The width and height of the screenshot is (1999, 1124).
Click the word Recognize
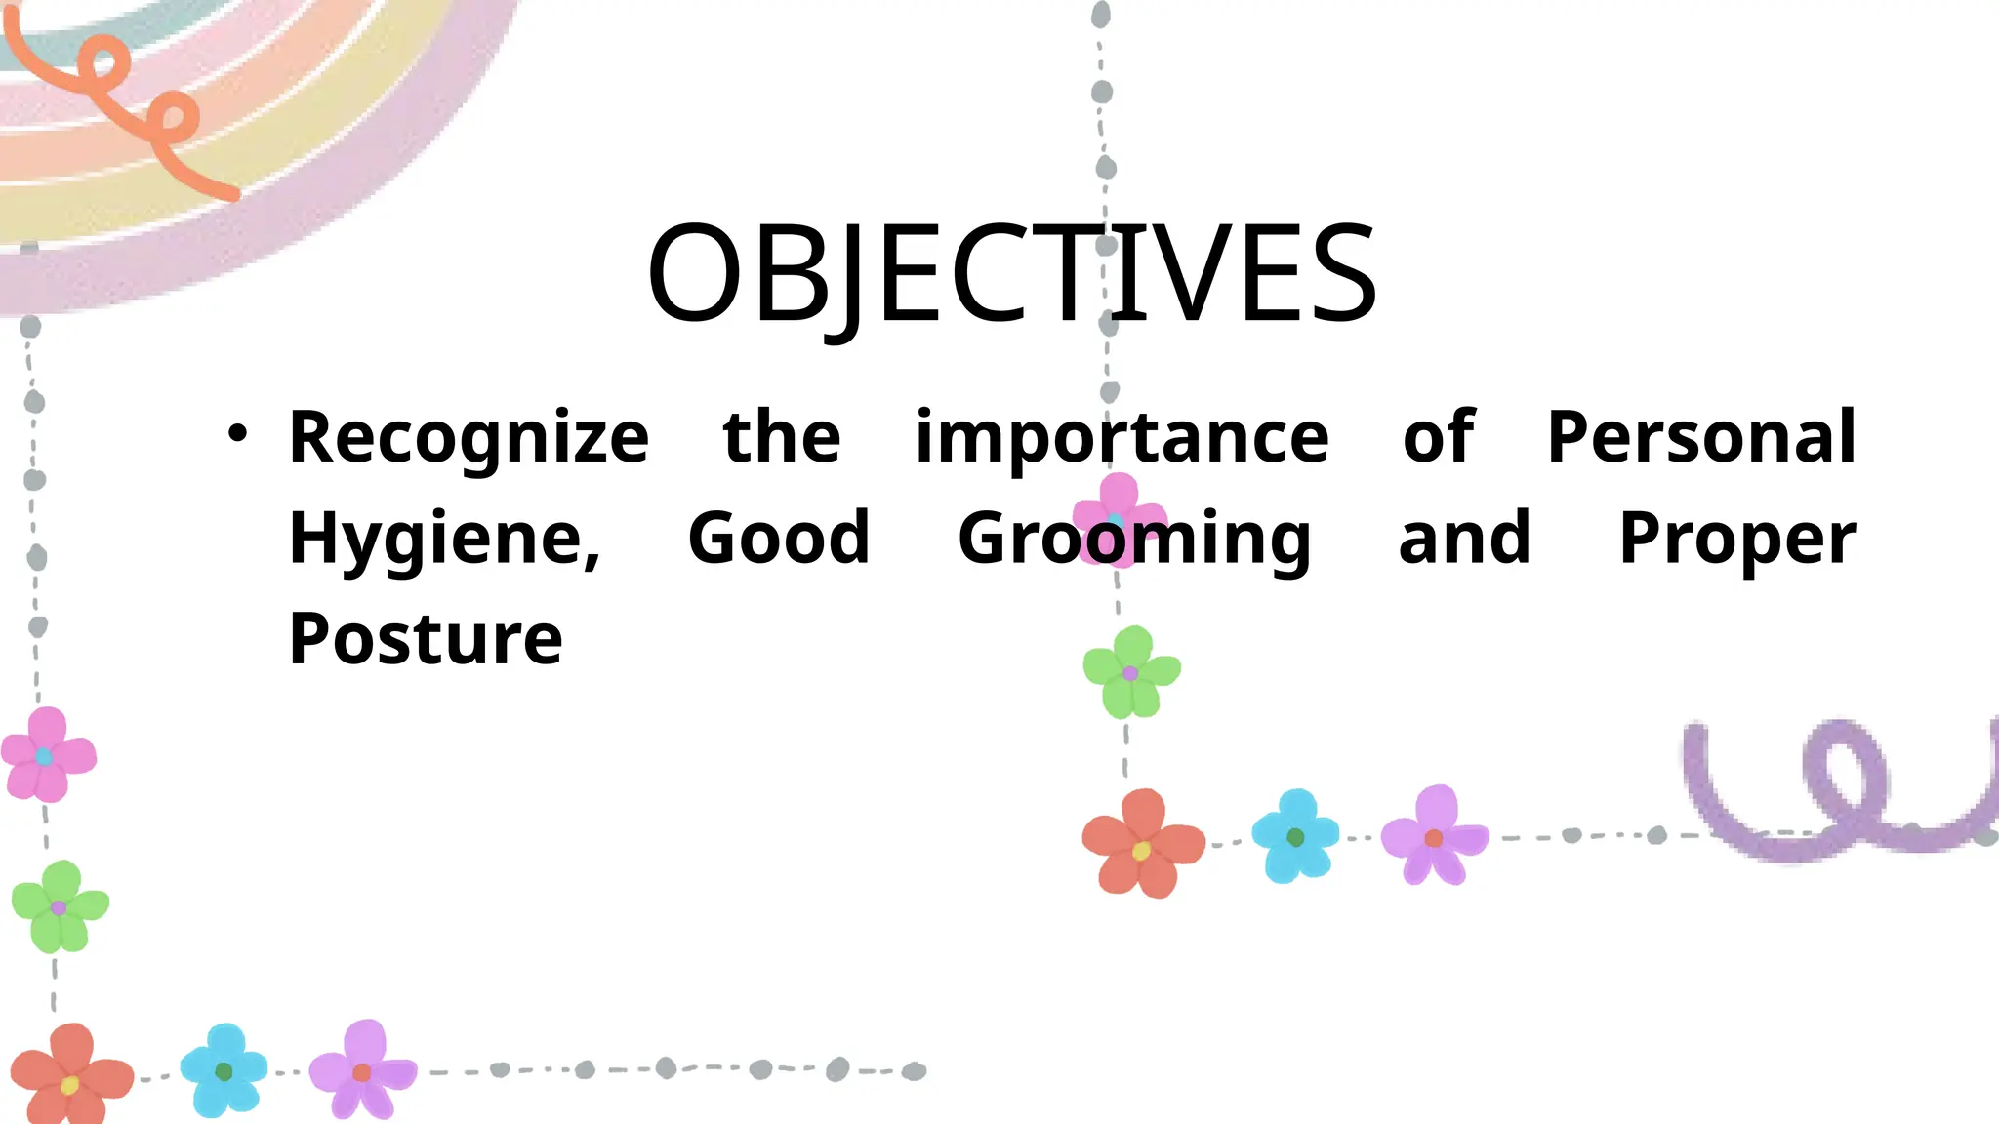coord(469,437)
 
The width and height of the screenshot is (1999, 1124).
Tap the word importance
coord(1122,437)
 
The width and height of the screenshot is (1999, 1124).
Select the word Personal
coord(1701,437)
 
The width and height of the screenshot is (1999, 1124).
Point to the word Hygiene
coord(444,540)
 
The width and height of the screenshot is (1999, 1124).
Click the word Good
coord(778,538)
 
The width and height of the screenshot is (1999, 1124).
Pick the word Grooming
coord(1134,540)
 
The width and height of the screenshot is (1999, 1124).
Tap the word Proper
coord(1737,540)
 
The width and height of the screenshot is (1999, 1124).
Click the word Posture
coord(426,639)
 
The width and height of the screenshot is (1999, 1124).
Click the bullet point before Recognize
coord(237,432)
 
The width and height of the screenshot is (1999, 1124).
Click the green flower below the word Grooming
coord(1131,672)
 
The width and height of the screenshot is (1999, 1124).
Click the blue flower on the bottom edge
coord(224,1070)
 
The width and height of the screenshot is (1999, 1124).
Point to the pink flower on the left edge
coord(47,755)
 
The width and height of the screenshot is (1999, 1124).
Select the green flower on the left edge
coord(60,906)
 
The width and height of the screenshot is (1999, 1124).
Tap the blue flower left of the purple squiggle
coord(1295,836)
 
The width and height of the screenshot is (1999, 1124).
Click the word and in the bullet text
coord(1464,538)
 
